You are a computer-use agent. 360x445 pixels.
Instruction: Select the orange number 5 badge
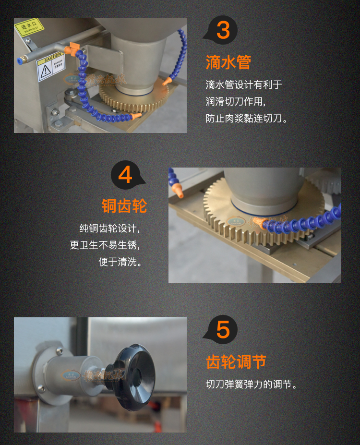click(x=222, y=330)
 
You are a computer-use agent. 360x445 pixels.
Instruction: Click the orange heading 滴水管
click(x=228, y=62)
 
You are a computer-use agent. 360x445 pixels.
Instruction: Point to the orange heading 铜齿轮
click(x=124, y=205)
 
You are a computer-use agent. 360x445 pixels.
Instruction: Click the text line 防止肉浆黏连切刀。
click(x=247, y=118)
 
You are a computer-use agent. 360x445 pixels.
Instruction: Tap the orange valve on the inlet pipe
click(x=73, y=48)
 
